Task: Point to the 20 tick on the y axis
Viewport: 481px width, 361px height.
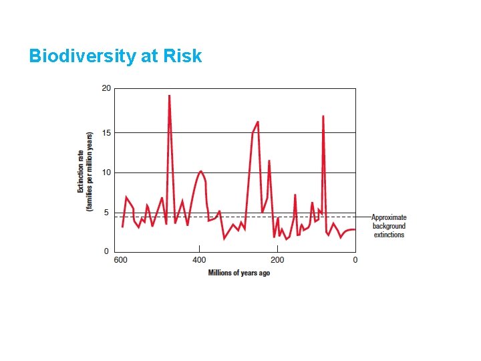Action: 106,88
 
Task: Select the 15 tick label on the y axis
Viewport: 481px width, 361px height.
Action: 106,132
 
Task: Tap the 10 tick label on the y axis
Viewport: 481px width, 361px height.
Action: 106,172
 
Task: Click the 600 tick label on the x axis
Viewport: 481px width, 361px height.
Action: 121,260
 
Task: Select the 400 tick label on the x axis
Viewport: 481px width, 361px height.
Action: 199,260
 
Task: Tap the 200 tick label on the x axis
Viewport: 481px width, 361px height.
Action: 277,260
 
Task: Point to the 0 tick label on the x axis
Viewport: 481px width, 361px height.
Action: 355,260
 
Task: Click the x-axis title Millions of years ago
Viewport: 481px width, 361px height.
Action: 238,273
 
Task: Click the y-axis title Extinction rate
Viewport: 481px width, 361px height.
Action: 85,171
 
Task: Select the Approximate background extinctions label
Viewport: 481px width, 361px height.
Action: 389,226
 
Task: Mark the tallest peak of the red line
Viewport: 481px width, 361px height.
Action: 169,96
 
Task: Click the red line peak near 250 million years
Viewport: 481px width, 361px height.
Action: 258,122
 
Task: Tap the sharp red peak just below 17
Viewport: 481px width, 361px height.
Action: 323,116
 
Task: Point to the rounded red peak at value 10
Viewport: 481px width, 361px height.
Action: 200,171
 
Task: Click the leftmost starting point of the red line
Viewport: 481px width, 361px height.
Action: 122,227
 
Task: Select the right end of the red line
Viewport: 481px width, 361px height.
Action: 355,229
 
